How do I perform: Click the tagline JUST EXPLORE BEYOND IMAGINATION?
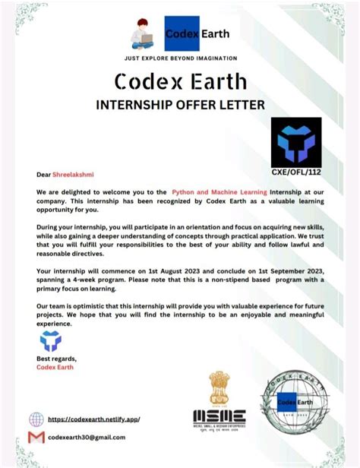coord(180,58)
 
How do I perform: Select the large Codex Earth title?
coord(180,81)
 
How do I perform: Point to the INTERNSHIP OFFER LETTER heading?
coord(180,104)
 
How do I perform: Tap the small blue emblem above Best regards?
coord(49,342)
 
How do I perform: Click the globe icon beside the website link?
coord(36,419)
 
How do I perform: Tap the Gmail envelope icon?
coord(36,438)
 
